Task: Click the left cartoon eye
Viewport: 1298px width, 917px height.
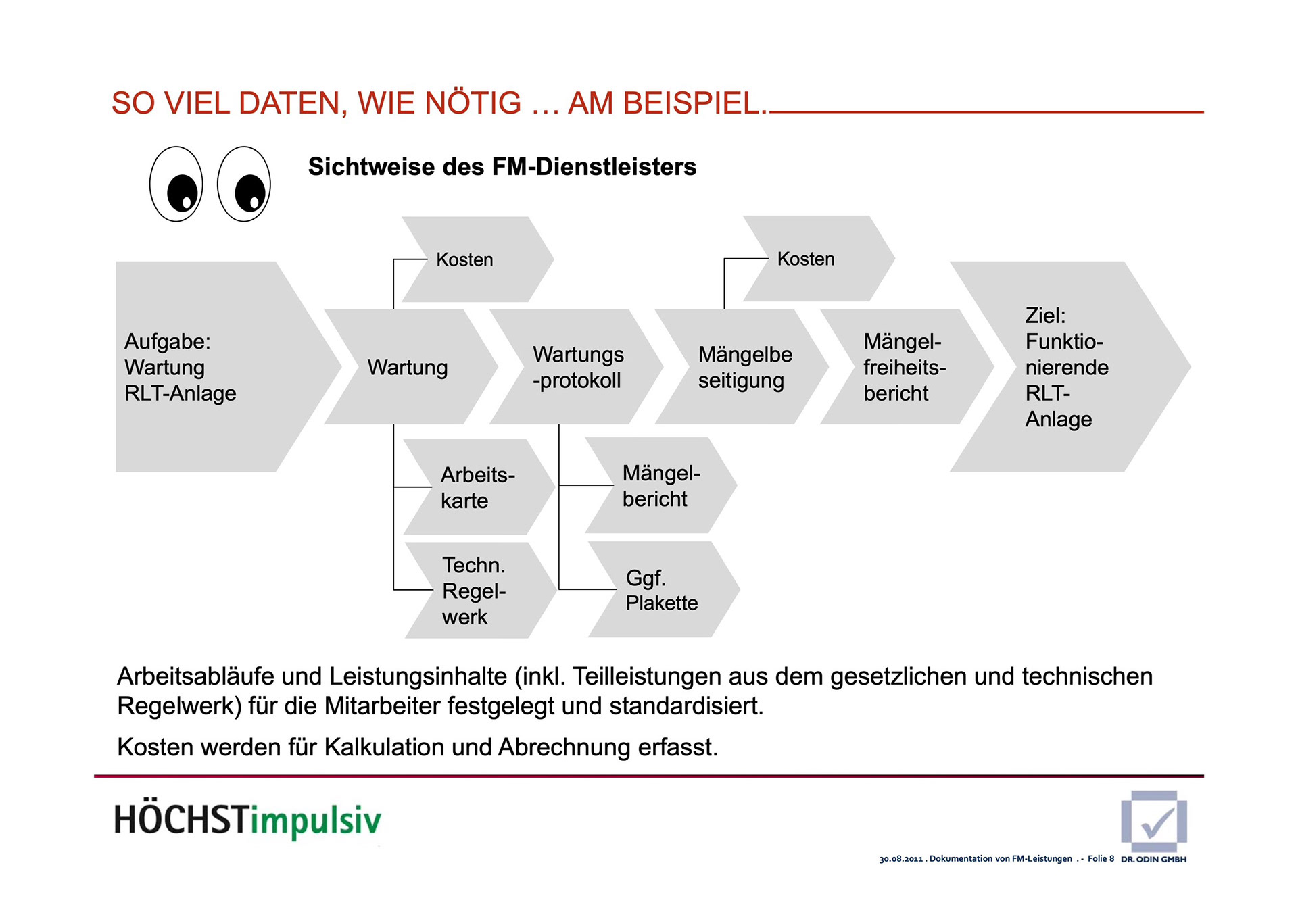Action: tap(176, 184)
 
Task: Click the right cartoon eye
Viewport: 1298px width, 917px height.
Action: tap(244, 184)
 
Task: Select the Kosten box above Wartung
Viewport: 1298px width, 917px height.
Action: tap(473, 259)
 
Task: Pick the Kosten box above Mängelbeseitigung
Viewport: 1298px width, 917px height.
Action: tap(815, 259)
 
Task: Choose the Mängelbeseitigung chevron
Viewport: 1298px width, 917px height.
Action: tap(742, 367)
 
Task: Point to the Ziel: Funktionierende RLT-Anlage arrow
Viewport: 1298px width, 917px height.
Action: tap(1068, 367)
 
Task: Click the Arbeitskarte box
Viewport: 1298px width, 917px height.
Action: tap(477, 487)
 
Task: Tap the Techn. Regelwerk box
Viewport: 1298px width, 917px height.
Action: tap(477, 591)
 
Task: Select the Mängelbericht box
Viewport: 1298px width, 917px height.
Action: tap(660, 486)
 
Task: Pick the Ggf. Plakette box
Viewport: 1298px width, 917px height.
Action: tap(662, 590)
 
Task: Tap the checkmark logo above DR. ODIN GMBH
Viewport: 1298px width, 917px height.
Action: tap(1154, 820)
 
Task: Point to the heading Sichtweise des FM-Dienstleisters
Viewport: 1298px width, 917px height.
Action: tap(502, 167)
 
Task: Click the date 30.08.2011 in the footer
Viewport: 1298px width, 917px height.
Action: tap(900, 859)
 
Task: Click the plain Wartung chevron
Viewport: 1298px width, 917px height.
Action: tap(408, 367)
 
